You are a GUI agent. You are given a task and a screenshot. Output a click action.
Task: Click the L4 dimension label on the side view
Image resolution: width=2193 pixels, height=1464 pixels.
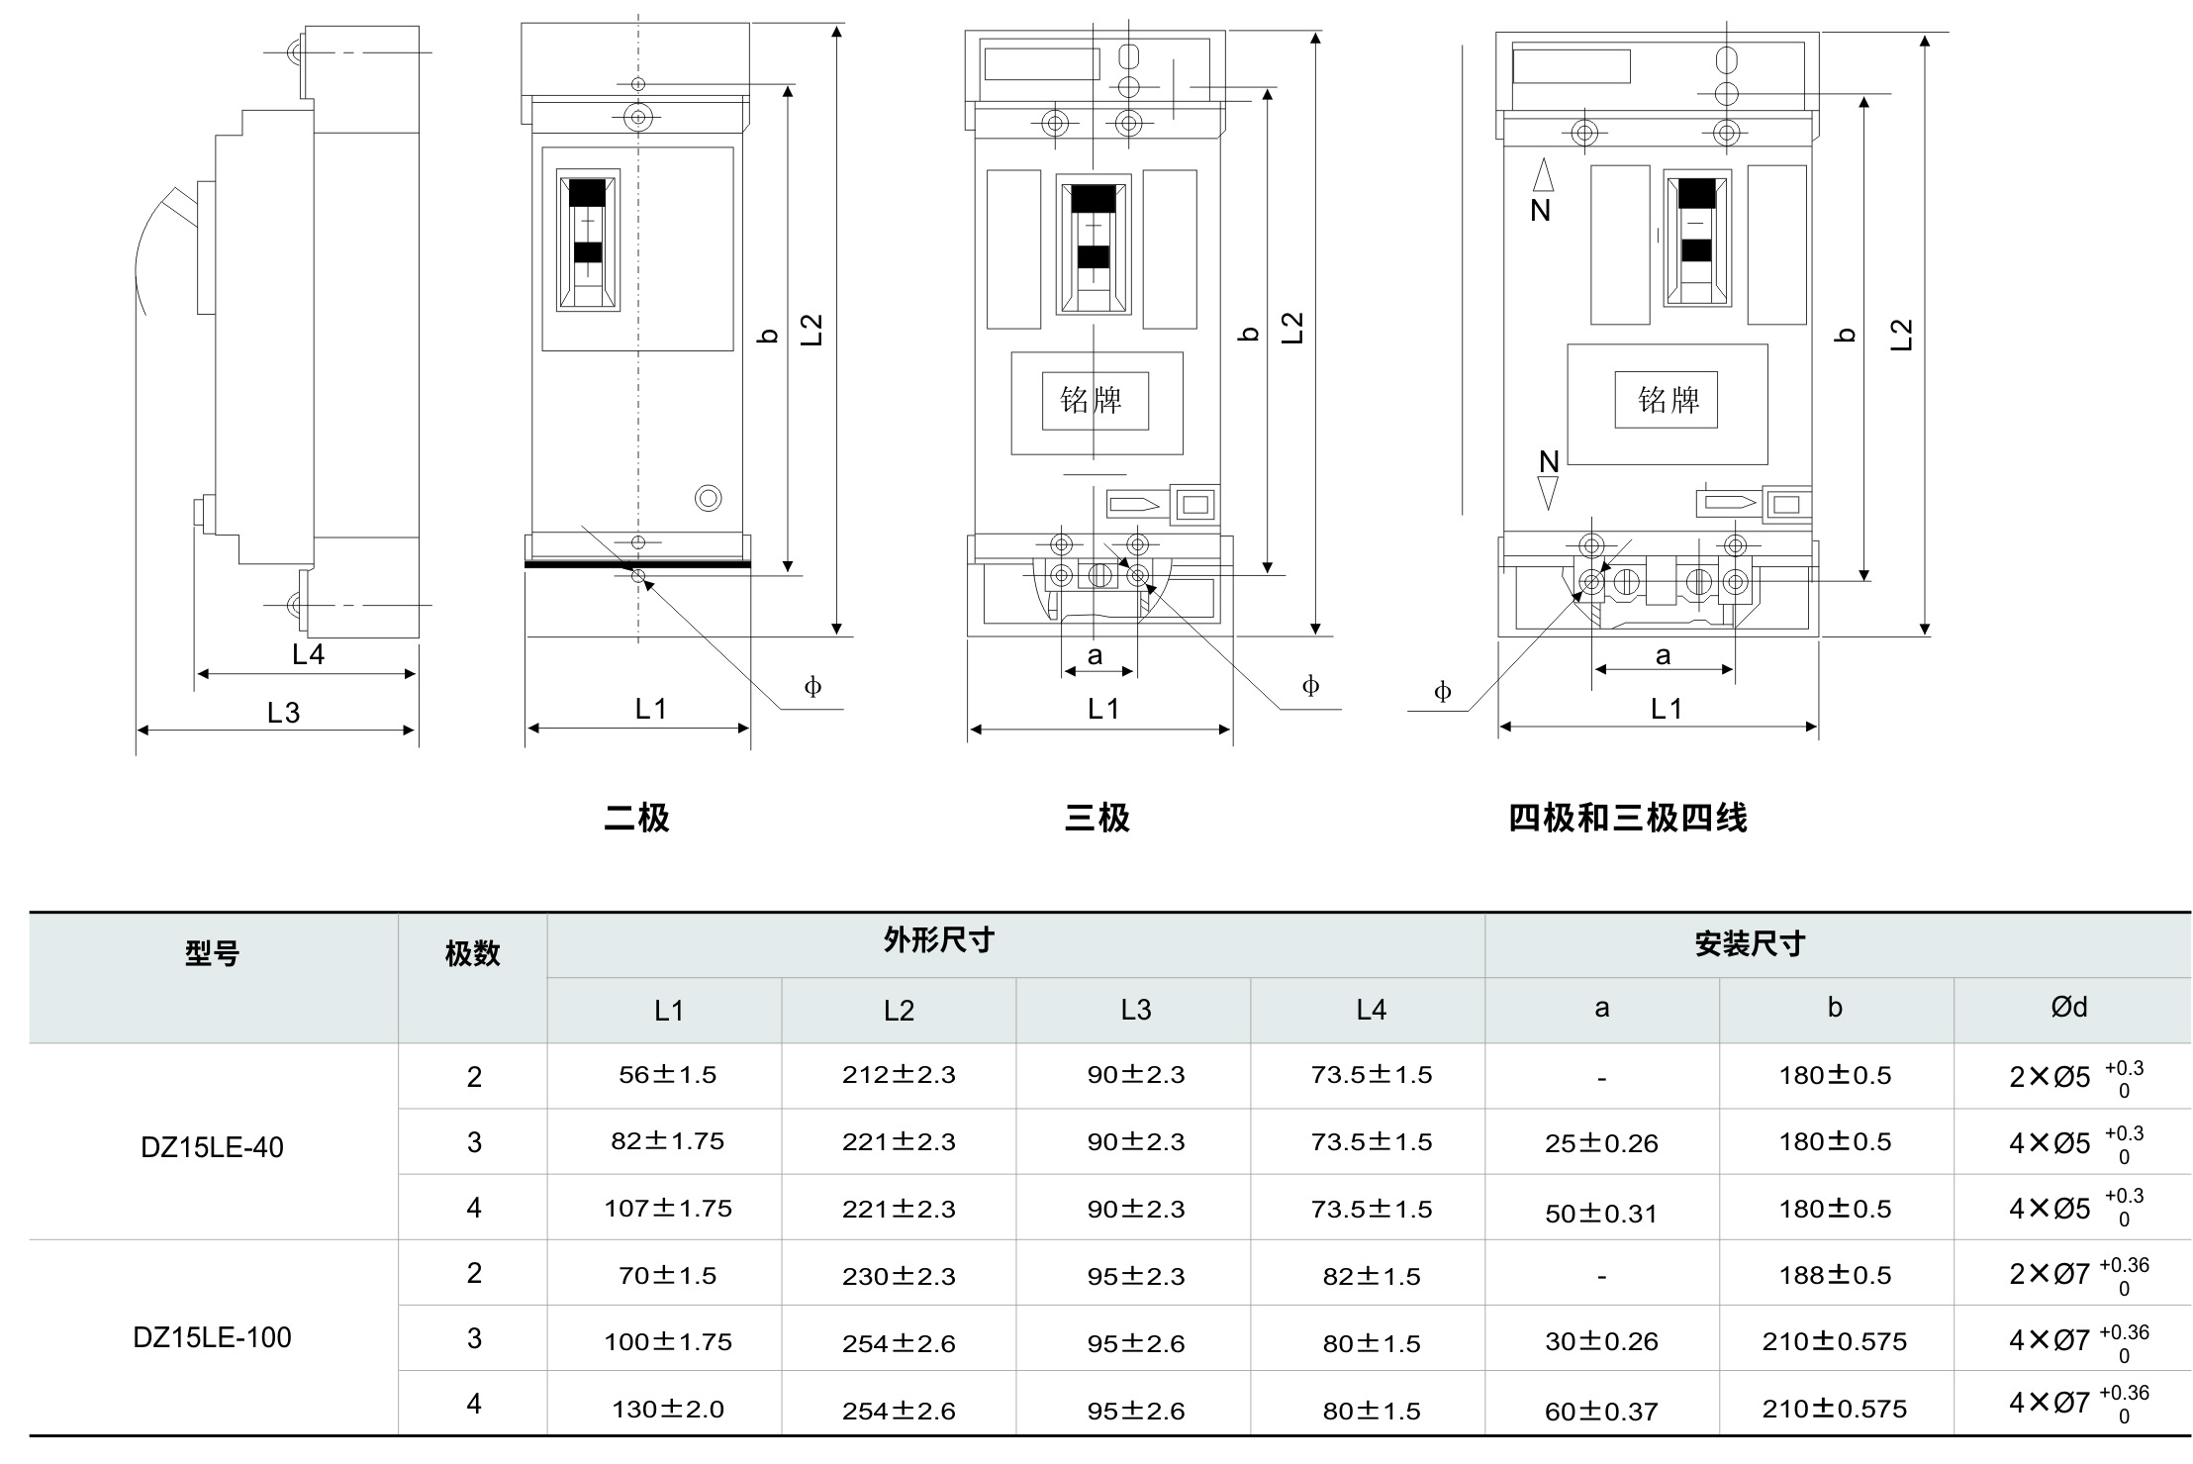[308, 654]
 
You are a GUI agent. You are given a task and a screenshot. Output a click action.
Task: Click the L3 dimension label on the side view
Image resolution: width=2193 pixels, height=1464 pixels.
[283, 713]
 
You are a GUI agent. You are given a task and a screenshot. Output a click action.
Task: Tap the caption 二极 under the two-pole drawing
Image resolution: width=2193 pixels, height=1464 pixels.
[636, 819]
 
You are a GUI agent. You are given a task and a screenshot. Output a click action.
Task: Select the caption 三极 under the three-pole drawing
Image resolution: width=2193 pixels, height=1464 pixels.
[1096, 819]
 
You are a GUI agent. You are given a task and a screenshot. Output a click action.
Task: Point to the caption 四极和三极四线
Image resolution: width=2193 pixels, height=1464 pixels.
[1628, 819]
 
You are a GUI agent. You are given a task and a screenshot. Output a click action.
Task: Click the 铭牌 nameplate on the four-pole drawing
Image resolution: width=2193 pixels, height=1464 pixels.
[1669, 400]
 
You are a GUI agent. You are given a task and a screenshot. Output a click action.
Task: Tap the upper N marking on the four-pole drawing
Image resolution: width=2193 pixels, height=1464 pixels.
[1541, 210]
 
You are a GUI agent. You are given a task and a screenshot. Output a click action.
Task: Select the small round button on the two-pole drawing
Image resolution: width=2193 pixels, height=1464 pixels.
[709, 498]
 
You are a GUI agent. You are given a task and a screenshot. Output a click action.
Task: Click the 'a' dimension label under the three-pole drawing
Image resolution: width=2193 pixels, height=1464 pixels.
[1095, 655]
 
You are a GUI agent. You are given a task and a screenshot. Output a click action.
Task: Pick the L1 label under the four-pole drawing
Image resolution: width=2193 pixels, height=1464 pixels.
[1667, 709]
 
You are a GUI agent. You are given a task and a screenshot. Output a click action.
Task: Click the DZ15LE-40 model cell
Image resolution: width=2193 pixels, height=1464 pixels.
[213, 1147]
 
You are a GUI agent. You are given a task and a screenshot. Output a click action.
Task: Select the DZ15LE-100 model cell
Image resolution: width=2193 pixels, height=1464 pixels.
[213, 1337]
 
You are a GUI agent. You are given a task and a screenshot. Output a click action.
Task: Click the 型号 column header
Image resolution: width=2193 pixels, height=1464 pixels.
[213, 954]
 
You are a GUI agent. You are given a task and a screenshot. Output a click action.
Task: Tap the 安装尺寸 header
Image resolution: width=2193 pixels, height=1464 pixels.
[1750, 944]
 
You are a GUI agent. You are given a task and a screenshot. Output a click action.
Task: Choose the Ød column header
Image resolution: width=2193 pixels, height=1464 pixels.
[2069, 1008]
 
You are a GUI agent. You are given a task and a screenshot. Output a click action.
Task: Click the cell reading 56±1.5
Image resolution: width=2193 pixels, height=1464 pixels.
[668, 1075]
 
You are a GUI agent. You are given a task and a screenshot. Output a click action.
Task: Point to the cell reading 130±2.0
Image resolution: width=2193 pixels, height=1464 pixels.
[668, 1409]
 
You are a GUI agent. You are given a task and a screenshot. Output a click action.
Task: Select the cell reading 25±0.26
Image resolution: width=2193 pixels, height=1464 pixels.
[1601, 1143]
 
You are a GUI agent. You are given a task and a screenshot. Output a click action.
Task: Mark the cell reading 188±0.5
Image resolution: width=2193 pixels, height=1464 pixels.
[1835, 1275]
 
